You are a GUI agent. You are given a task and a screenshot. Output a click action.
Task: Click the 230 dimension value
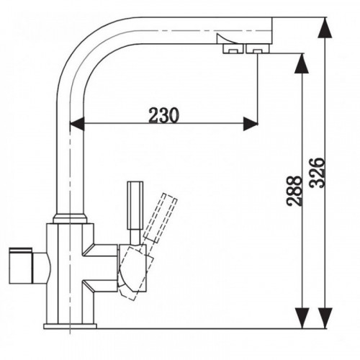pyautogui.click(x=164, y=114)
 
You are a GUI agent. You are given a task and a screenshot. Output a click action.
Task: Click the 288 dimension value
pyautogui.click(x=294, y=191)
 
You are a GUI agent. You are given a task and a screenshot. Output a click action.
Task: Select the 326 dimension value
pyautogui.click(x=318, y=173)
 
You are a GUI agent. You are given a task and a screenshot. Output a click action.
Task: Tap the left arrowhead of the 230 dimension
pyautogui.click(x=77, y=124)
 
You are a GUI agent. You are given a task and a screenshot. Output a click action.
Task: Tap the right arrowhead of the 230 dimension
pyautogui.click(x=251, y=124)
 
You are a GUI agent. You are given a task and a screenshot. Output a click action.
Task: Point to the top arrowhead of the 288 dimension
pyautogui.click(x=302, y=63)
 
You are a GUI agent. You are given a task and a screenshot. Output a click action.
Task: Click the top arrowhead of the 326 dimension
pyautogui.click(x=325, y=27)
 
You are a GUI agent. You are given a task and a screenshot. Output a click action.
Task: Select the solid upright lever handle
pyautogui.click(x=135, y=205)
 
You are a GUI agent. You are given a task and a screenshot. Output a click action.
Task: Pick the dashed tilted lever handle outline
pyautogui.click(x=161, y=217)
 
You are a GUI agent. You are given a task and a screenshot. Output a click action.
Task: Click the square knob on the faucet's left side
pyautogui.click(x=20, y=265)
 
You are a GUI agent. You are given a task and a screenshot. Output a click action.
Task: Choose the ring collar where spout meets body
pyautogui.click(x=70, y=218)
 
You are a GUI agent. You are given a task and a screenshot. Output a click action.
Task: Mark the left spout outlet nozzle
pyautogui.click(x=233, y=49)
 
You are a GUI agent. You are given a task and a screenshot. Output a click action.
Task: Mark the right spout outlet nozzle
pyautogui.click(x=258, y=49)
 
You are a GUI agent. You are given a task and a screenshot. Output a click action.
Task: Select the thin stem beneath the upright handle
pyautogui.click(x=135, y=237)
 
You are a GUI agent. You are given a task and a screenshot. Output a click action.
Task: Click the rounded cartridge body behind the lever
pyautogui.click(x=132, y=269)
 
